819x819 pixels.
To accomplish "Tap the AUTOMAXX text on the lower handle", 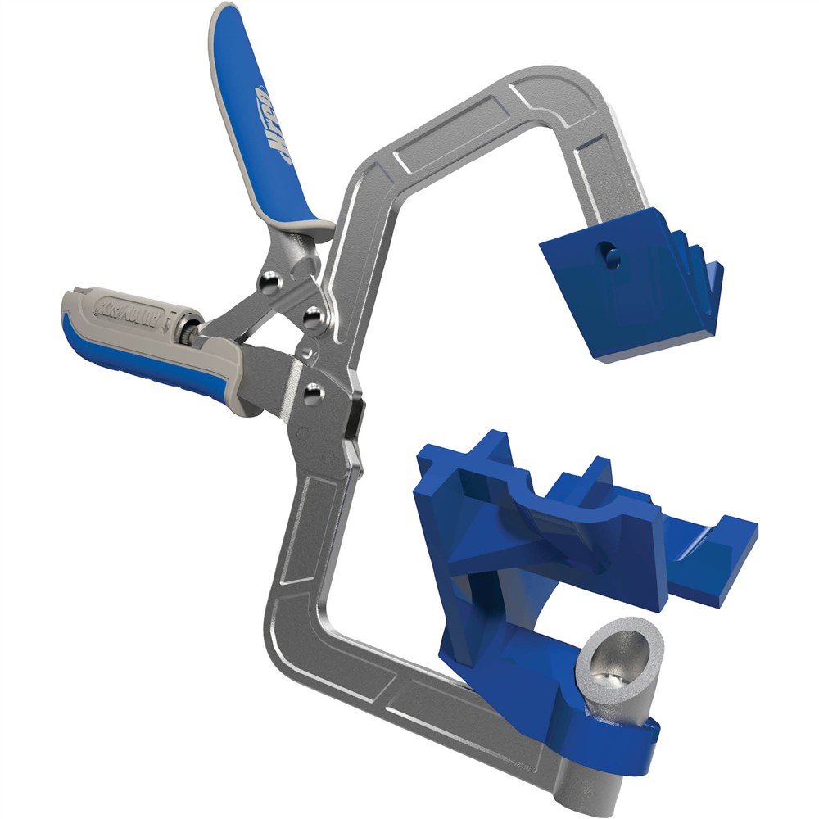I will tap(135, 310).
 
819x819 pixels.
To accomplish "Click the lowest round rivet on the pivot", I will tap(310, 394).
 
